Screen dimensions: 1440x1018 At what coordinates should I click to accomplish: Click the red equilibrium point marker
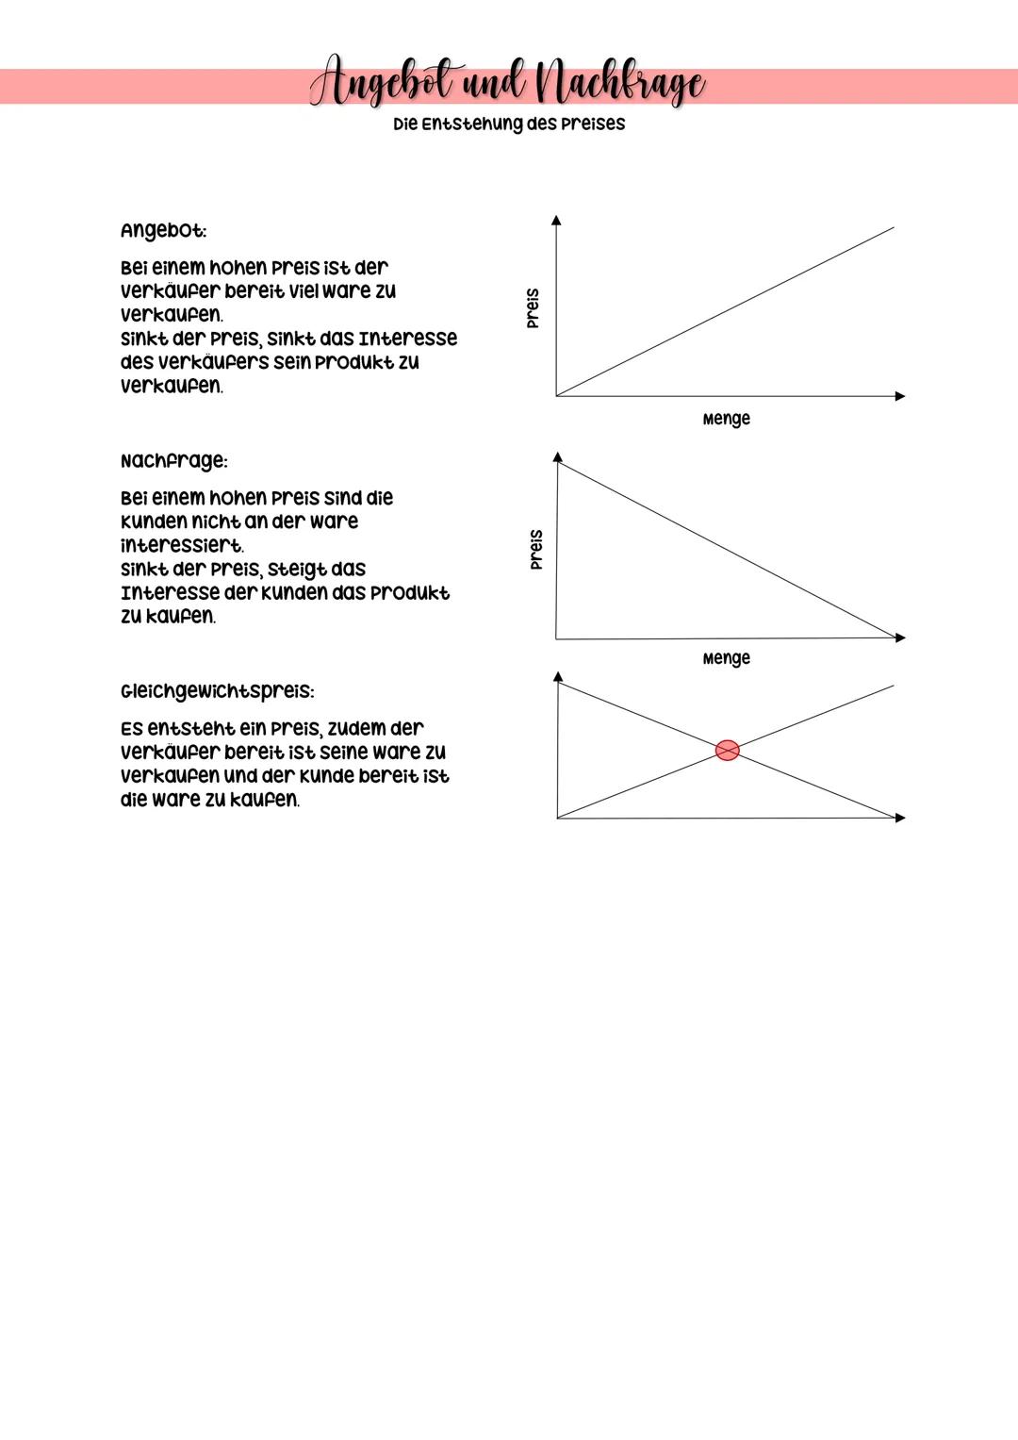coord(727,750)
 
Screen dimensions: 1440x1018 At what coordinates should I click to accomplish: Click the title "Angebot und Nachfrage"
coord(508,85)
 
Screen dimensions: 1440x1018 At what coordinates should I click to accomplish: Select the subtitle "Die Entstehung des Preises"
coord(509,124)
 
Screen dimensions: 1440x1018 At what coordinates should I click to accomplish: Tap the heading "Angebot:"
coord(163,231)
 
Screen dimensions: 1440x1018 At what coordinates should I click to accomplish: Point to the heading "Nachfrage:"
coord(173,461)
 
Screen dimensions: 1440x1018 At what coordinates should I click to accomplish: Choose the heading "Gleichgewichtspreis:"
coord(217,691)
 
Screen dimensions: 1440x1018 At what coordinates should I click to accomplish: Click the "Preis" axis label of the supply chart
coord(534,308)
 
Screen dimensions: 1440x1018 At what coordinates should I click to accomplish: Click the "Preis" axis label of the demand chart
coord(535,549)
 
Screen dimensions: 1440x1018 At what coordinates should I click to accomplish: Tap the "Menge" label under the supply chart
coord(726,419)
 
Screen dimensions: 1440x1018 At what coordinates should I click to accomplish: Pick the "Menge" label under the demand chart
coord(726,658)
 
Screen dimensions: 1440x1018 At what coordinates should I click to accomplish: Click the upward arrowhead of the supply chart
coord(556,221)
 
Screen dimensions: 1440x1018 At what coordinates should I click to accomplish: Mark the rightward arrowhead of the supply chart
coord(899,396)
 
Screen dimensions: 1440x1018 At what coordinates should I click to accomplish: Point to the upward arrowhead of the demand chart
coord(558,457)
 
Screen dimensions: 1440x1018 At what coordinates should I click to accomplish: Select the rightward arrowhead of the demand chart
coord(899,637)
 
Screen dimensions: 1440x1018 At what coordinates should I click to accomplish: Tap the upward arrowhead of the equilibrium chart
coord(558,677)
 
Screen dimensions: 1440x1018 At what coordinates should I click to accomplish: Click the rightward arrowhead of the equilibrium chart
coord(899,818)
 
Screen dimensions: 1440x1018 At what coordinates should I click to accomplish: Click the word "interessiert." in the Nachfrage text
coord(182,546)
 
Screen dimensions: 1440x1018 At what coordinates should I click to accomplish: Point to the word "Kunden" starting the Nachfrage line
coord(153,522)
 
